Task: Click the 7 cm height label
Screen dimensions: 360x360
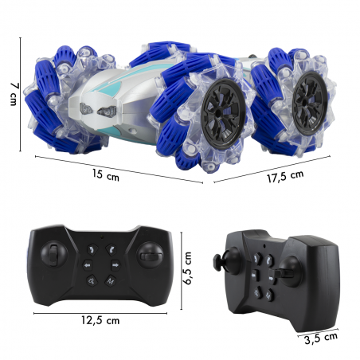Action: [14, 94]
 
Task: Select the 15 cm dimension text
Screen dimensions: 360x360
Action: [106, 175]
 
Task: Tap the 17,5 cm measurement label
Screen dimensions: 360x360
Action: [285, 177]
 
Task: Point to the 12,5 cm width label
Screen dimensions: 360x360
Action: [100, 320]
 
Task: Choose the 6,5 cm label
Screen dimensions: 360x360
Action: [187, 268]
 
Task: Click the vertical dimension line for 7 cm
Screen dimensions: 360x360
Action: [21, 95]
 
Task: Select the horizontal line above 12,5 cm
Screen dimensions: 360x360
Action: [100, 314]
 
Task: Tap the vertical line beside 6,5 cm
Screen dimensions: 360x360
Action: [182, 271]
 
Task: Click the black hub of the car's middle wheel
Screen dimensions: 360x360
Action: [224, 114]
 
